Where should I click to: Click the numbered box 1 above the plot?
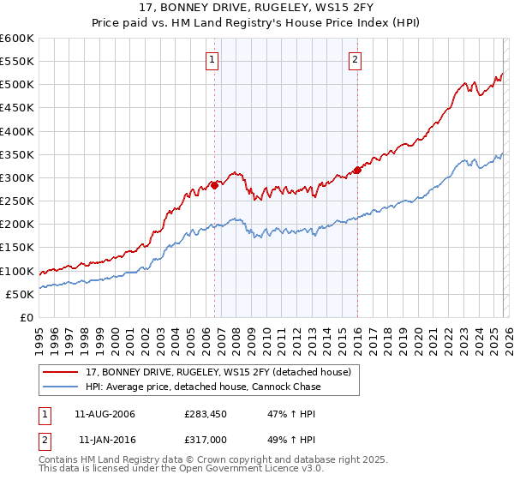tap(212, 59)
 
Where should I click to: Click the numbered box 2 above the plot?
tap(355, 59)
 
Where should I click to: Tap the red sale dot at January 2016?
tap(357, 170)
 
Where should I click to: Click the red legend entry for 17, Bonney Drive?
tap(218, 372)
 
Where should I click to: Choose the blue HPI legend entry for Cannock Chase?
tap(203, 387)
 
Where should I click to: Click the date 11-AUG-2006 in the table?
tap(105, 414)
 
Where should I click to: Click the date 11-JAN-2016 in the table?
tap(106, 440)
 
